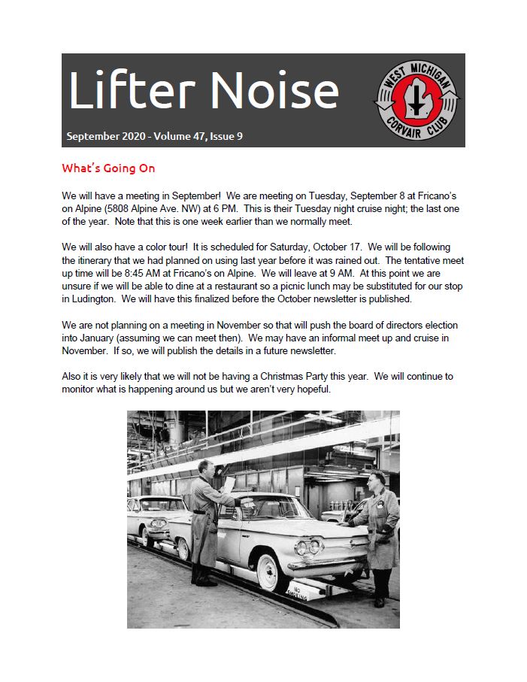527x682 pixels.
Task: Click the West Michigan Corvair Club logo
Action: pyautogui.click(x=417, y=100)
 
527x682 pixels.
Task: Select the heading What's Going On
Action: pyautogui.click(x=108, y=168)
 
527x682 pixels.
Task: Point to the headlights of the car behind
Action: pyautogui.click(x=157, y=521)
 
